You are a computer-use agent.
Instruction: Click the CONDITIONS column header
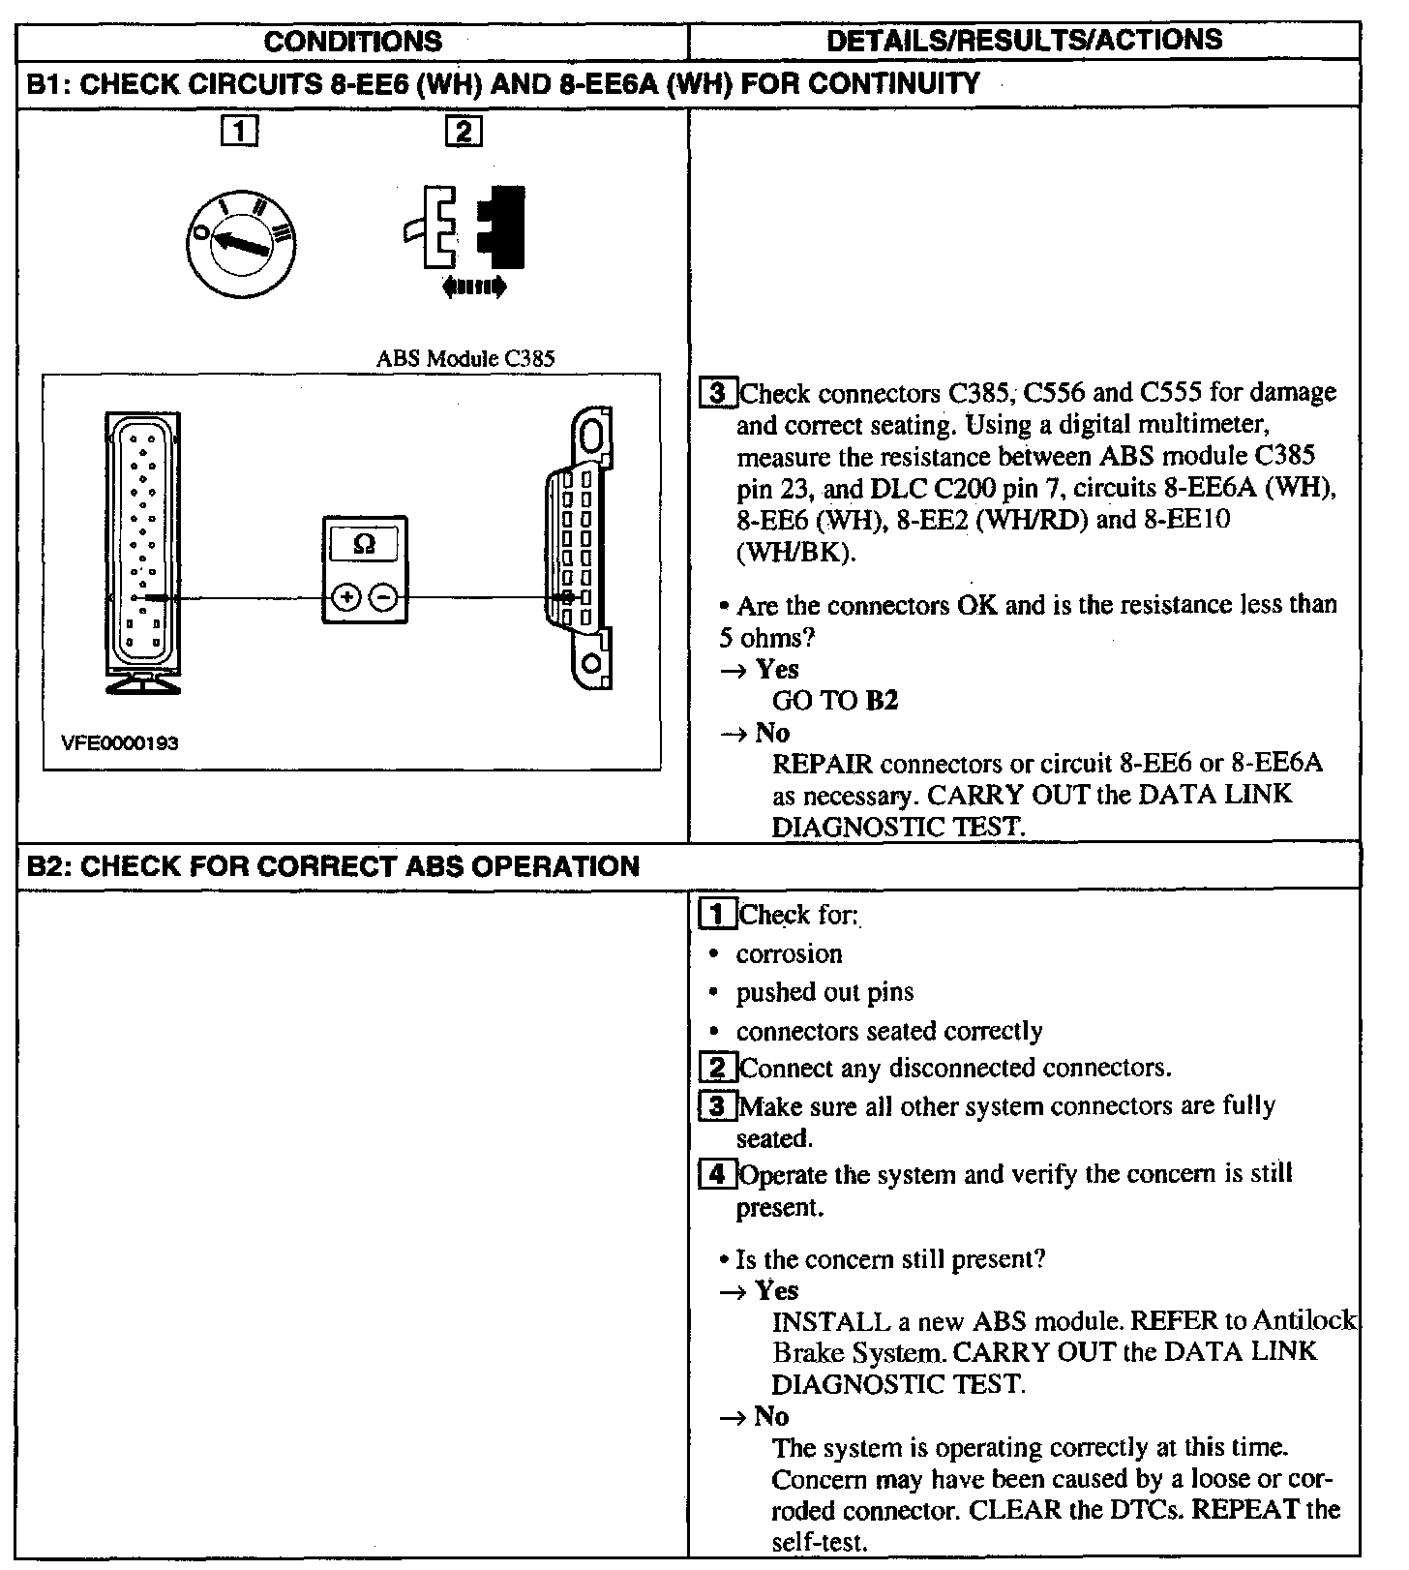[352, 41]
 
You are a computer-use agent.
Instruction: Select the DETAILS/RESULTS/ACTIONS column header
[1025, 41]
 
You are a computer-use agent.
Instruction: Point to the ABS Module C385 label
[465, 358]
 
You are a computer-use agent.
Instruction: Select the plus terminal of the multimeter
[345, 598]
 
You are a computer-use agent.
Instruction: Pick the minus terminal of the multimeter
[384, 598]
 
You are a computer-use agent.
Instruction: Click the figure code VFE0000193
[120, 742]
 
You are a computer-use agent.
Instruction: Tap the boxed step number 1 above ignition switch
[239, 131]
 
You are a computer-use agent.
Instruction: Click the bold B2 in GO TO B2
[882, 700]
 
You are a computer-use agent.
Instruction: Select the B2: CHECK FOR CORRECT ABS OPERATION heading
[332, 865]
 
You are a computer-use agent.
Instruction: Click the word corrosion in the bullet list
[789, 954]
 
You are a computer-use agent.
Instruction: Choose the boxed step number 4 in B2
[716, 1175]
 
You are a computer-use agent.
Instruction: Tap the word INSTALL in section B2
[830, 1321]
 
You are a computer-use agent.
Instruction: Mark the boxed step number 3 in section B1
[717, 393]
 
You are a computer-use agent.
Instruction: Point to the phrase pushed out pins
[824, 992]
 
